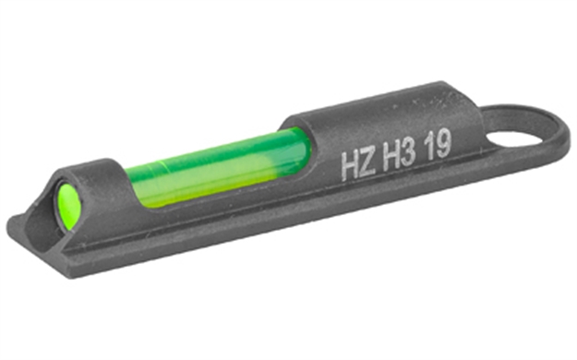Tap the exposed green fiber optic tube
(212, 164)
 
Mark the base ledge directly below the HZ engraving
(360, 198)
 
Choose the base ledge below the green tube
(212, 217)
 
